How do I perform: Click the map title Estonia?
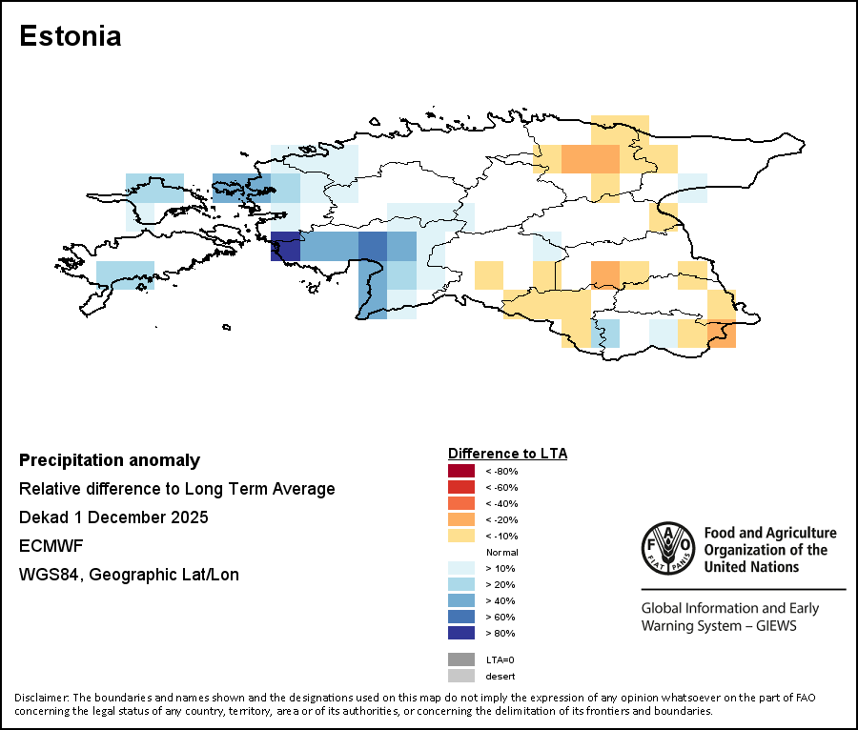[71, 36]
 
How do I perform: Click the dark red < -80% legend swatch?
[460, 471]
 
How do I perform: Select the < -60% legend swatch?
[460, 487]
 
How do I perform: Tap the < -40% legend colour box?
[460, 503]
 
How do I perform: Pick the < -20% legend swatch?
[460, 519]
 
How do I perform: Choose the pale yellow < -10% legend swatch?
[460, 536]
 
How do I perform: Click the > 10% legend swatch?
[460, 568]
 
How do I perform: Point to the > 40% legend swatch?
[460, 600]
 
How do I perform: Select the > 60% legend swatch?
[460, 617]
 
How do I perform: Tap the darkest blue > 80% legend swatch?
[460, 633]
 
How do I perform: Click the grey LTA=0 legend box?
[460, 659]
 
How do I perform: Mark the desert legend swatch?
[460, 676]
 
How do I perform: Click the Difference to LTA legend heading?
[507, 454]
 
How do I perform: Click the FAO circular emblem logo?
[667, 549]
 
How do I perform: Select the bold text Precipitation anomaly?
[110, 460]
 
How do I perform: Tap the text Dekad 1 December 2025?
[113, 517]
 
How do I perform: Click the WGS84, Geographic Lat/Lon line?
[129, 575]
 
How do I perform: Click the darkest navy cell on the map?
[285, 246]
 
